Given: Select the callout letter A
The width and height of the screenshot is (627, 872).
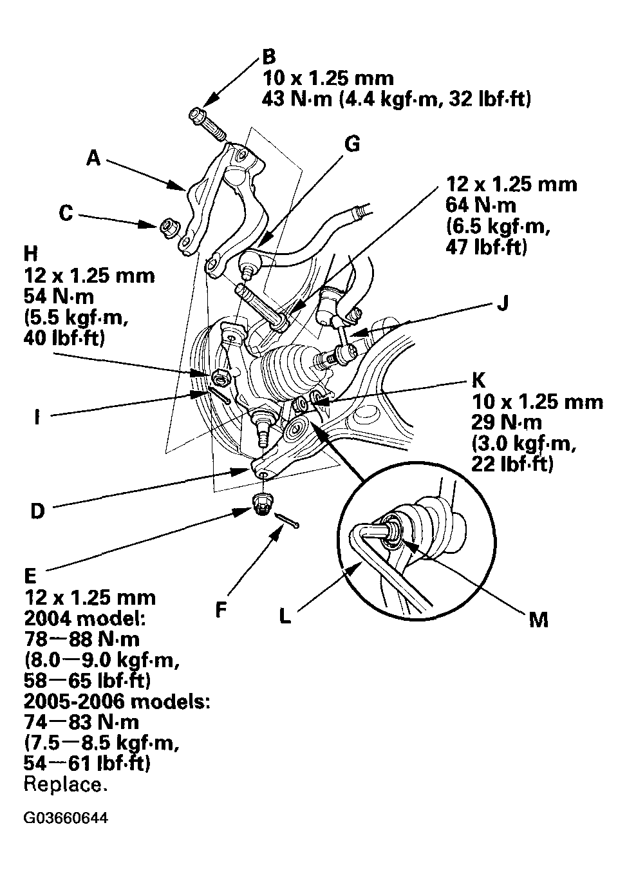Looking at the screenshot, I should tap(94, 158).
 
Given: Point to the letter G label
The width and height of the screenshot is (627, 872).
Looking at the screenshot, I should tap(352, 144).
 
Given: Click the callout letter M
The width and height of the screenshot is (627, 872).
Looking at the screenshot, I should tap(538, 620).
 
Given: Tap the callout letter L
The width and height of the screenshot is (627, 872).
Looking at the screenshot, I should tap(285, 616).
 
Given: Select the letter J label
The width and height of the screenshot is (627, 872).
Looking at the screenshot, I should tap(502, 304).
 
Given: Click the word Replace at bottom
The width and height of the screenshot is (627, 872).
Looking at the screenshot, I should tap(65, 784).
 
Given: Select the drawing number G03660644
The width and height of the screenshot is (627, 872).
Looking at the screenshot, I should tap(66, 819).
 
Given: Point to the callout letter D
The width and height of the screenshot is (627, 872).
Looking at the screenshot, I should tap(38, 512).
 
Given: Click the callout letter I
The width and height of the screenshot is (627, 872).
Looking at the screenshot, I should tap(37, 418).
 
